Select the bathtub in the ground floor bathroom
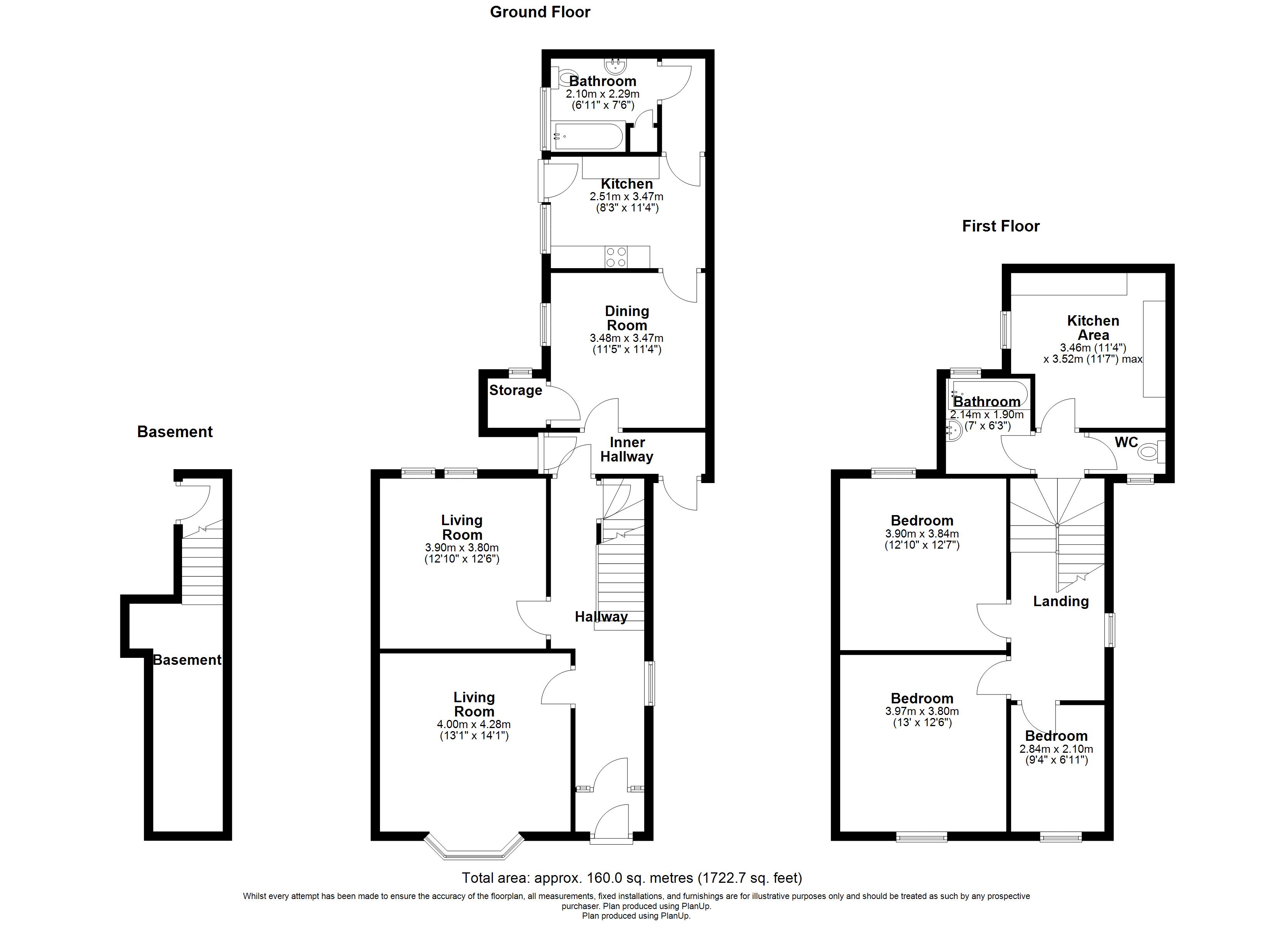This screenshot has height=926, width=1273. (587, 136)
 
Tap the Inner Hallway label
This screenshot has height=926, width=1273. (626, 449)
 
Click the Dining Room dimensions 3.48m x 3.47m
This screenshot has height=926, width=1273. (626, 338)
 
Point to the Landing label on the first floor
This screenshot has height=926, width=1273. (1060, 602)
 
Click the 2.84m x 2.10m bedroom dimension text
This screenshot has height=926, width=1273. (1056, 749)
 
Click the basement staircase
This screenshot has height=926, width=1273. (202, 567)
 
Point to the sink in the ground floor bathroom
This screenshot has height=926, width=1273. (616, 66)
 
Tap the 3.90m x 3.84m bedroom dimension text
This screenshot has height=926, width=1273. (922, 534)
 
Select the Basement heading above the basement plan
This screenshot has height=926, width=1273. (175, 431)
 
